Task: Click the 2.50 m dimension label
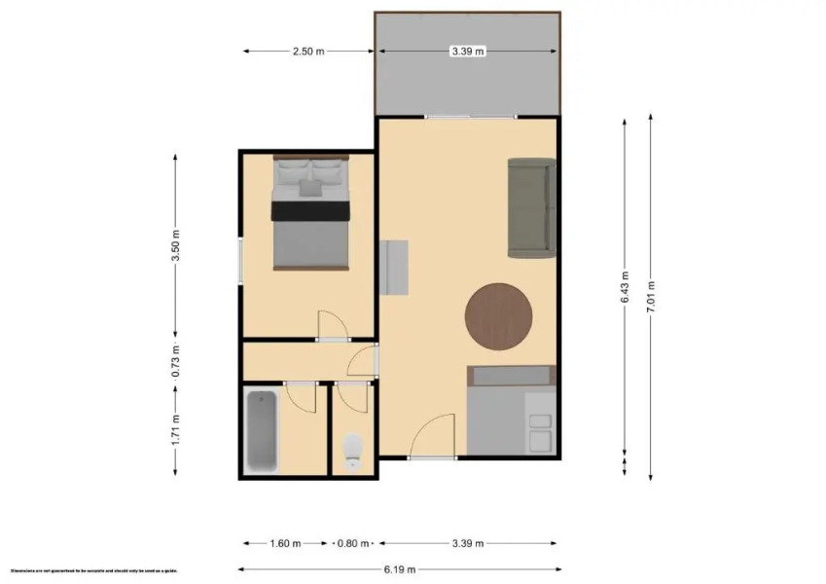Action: point(306,51)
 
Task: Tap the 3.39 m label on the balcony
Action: point(467,51)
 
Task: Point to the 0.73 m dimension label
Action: point(176,361)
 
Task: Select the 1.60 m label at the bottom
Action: point(284,543)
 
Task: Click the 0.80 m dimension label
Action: point(354,543)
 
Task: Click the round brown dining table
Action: point(498,316)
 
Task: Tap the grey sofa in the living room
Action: point(530,207)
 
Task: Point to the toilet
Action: point(353,451)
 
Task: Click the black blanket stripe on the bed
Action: point(310,210)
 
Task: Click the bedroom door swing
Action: point(331,324)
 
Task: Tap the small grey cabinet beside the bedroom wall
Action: point(396,268)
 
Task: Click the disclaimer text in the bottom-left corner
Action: point(92,570)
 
